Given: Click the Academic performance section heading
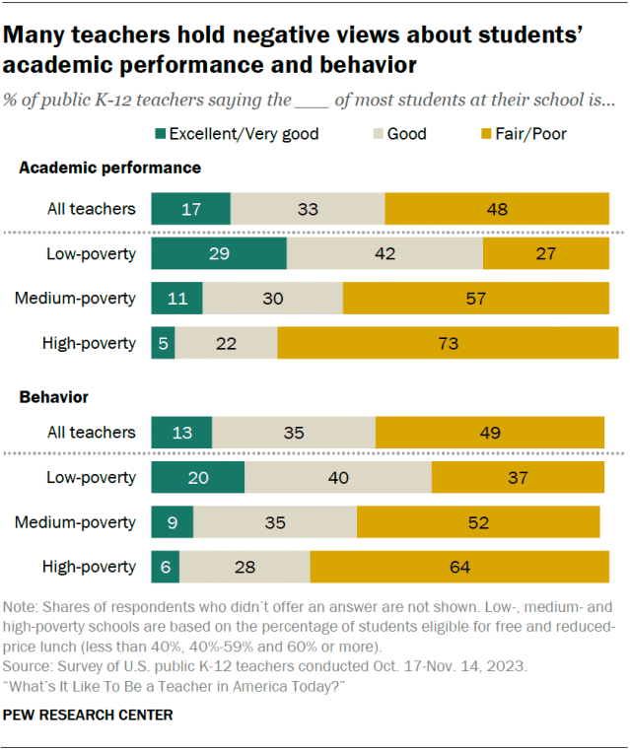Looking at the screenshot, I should coord(110,168).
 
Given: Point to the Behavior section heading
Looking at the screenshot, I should coord(54,397).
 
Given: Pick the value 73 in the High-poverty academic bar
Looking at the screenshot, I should coord(448,342).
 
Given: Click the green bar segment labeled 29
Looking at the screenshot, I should coord(219,253).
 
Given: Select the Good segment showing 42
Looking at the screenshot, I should coord(385,253).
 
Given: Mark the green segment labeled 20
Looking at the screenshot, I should coord(197,477).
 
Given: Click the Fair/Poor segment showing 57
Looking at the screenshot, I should coord(475,298).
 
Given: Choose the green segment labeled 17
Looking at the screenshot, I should coord(190,209).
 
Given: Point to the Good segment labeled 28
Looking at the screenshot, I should coord(245,567).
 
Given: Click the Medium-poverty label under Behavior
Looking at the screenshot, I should coord(75,522).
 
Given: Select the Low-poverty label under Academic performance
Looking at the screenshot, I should coord(92,253).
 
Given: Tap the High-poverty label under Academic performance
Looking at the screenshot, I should coord(89,343).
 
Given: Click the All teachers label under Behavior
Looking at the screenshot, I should coord(90,432).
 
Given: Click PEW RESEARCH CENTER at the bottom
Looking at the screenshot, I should coord(89,715).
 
